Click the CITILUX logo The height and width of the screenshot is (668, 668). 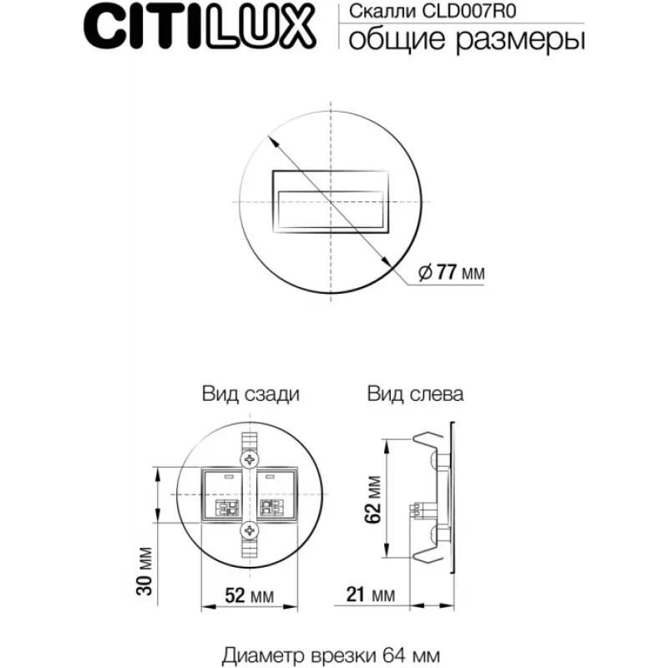pyautogui.click(x=200, y=28)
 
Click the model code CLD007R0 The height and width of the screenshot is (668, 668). pyautogui.click(x=469, y=11)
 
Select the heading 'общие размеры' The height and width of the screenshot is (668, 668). pyautogui.click(x=467, y=40)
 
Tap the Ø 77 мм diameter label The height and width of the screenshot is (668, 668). pyautogui.click(x=451, y=272)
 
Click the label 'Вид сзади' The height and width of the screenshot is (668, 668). pyautogui.click(x=251, y=394)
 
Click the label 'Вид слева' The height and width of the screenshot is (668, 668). pyautogui.click(x=415, y=394)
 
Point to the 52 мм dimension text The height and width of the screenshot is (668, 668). pyautogui.click(x=249, y=595)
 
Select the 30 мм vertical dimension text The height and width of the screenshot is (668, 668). pyautogui.click(x=144, y=571)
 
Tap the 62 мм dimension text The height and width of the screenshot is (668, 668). pyautogui.click(x=372, y=499)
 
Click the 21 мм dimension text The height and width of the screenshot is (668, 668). pyautogui.click(x=371, y=595)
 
